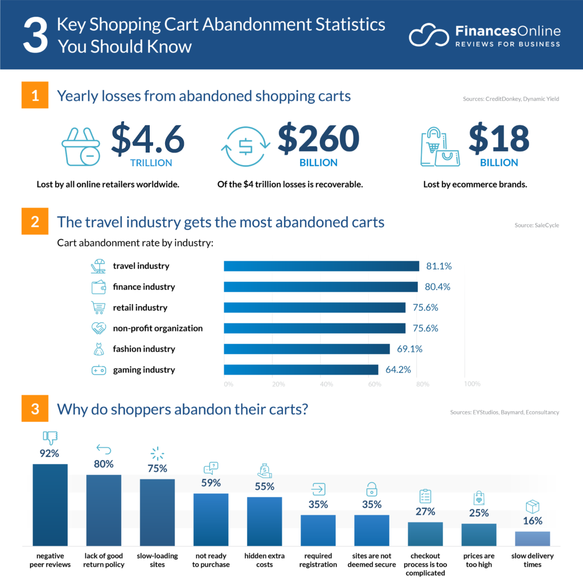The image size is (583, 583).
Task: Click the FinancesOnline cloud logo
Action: (x=428, y=36)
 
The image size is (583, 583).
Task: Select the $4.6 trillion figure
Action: (x=147, y=139)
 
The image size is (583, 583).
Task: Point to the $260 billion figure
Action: (x=318, y=139)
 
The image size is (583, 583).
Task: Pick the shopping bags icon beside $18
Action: (x=440, y=147)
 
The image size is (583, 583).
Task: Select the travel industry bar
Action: (x=321, y=266)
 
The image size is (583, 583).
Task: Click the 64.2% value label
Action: (x=398, y=369)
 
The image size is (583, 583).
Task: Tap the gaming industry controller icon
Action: (x=98, y=370)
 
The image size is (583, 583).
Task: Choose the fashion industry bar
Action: (x=306, y=349)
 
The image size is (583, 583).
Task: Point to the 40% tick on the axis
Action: (x=326, y=384)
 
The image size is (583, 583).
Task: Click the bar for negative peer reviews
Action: (x=50, y=504)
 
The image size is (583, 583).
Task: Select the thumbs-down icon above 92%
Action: (x=50, y=438)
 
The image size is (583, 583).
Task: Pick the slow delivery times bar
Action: (x=532, y=539)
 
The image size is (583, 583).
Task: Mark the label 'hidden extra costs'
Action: (x=264, y=560)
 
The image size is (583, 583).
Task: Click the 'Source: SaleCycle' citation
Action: (x=536, y=225)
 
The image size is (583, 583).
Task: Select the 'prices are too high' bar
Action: (x=479, y=535)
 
